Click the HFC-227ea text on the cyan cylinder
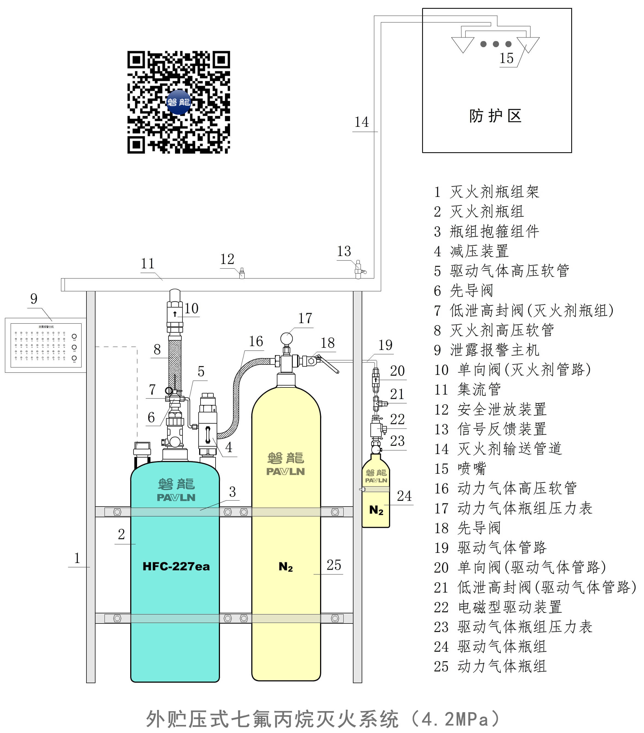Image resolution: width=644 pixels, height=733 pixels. (176, 566)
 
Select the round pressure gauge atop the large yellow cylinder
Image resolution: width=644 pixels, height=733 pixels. (286, 338)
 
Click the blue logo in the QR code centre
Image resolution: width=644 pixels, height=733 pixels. (178, 102)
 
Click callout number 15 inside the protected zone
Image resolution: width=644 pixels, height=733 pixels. (506, 58)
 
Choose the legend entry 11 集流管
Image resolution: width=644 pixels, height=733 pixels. (467, 389)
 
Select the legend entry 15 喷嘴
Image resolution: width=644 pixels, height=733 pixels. (460, 468)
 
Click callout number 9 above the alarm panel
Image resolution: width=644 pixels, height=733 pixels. (34, 298)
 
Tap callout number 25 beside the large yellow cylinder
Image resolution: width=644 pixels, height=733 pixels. (334, 565)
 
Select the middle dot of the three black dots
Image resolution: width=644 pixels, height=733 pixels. (496, 44)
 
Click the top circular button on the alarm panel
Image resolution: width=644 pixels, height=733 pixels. (74, 336)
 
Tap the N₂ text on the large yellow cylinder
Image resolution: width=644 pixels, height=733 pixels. (286, 567)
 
